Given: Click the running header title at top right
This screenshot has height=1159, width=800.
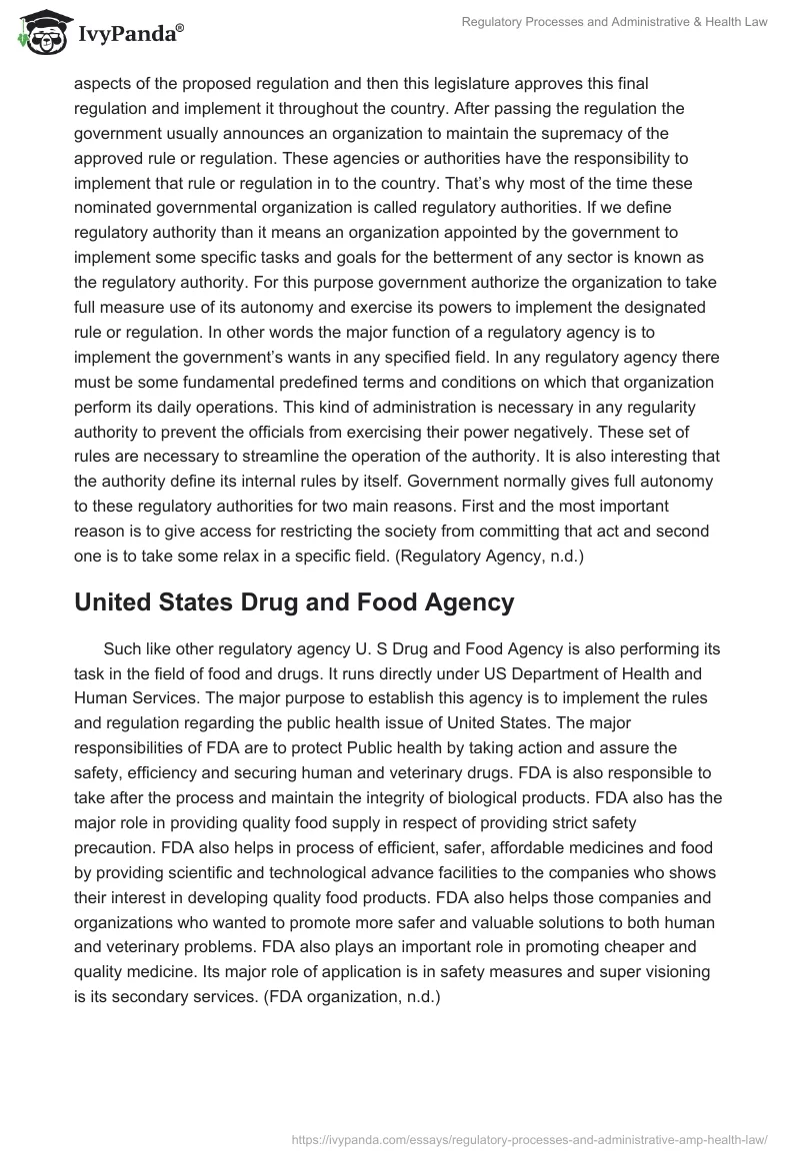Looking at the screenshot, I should pyautogui.click(x=615, y=21).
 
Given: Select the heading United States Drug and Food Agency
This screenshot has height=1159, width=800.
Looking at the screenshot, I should pyautogui.click(x=294, y=602).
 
